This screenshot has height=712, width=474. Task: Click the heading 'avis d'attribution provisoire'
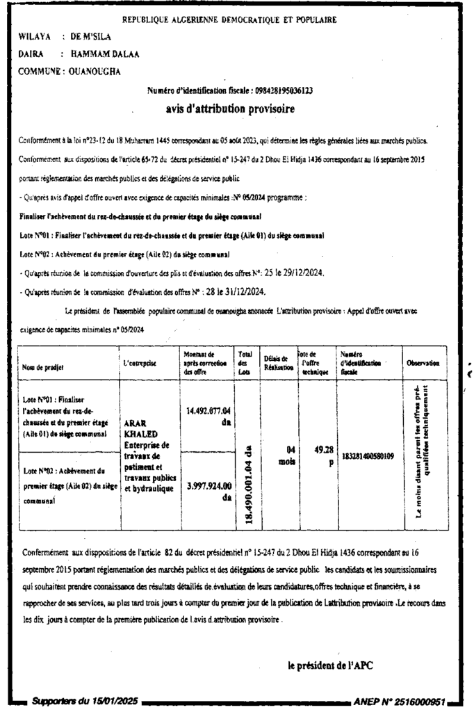[231, 108]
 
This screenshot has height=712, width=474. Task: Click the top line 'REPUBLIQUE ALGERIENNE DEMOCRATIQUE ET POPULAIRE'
[230, 20]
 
